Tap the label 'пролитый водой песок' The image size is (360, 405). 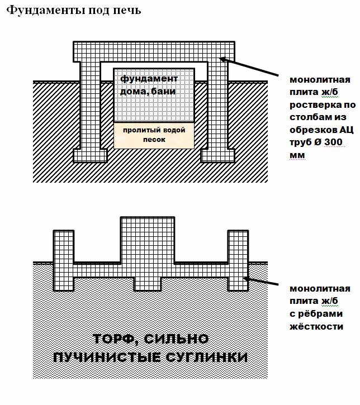(x=154, y=135)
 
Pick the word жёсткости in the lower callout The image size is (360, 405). (x=316, y=326)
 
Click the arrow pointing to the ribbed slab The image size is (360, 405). (x=263, y=280)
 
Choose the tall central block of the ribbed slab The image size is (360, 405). (x=148, y=240)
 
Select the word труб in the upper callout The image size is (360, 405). (x=300, y=142)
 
